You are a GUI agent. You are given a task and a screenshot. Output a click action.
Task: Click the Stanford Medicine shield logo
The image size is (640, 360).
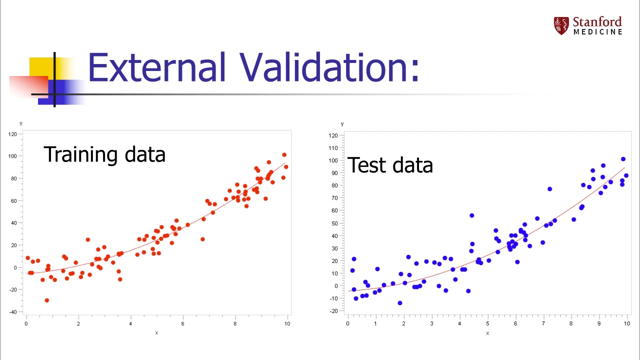[561, 25]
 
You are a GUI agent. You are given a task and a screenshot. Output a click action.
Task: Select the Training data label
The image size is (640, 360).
[104, 154]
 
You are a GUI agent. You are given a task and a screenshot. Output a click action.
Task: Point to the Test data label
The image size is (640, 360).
[390, 165]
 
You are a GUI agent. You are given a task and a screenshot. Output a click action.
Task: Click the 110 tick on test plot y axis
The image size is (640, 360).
[333, 148]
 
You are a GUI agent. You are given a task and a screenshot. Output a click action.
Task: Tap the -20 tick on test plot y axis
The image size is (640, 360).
[333, 311]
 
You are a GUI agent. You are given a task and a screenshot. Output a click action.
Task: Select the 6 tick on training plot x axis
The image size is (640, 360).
[183, 323]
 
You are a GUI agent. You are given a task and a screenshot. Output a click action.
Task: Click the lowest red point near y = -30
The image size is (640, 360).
[47, 300]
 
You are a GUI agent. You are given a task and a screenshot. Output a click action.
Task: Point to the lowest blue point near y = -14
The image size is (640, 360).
[400, 303]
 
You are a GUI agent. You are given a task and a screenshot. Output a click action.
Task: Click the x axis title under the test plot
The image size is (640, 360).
[487, 333]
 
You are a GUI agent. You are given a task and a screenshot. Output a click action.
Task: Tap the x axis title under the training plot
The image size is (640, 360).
[156, 333]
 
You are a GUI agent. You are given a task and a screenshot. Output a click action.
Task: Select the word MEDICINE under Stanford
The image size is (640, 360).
[597, 32]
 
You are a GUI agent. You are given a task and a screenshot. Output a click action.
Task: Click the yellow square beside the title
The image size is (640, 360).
[42, 68]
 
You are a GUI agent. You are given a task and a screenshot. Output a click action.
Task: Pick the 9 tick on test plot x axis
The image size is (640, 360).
[599, 324]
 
